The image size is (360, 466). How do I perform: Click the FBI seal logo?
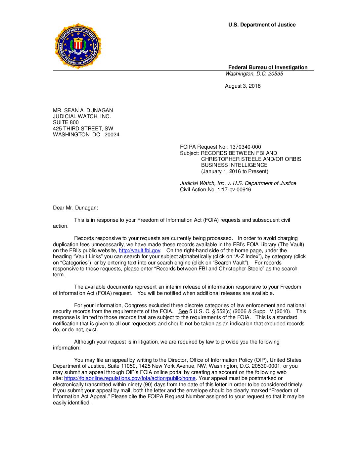click(78, 46)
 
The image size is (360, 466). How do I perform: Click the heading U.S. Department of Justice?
click(262, 25)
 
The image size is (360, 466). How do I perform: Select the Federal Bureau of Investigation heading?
click(268, 67)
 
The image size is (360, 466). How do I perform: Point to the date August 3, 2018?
click(243, 86)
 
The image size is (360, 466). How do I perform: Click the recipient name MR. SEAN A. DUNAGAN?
click(83, 111)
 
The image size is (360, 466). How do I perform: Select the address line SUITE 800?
click(66, 122)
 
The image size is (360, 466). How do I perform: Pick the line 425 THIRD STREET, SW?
click(83, 129)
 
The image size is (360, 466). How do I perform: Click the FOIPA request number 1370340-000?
click(245, 147)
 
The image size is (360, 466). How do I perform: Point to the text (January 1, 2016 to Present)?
click(235, 171)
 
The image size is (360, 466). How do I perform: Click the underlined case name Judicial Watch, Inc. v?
click(205, 183)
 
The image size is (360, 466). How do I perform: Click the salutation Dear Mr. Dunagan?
click(75, 208)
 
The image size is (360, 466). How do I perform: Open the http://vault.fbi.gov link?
click(139, 251)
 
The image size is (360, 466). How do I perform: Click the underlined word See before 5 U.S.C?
click(183, 311)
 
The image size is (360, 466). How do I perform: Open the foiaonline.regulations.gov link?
click(130, 378)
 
